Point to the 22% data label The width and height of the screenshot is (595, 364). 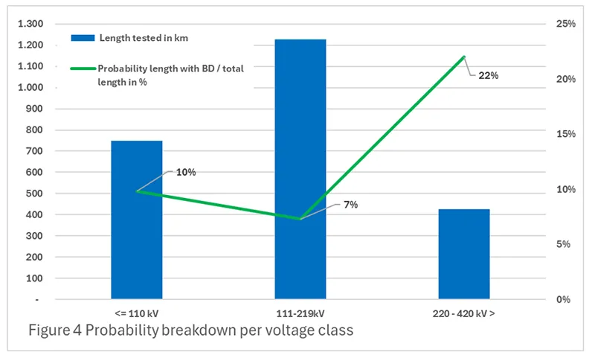coord(487,75)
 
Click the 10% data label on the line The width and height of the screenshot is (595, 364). coord(185,172)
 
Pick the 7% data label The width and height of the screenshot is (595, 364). coord(350,204)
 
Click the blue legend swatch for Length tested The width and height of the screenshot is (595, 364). coord(83,37)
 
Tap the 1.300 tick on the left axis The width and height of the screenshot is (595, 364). coord(30,24)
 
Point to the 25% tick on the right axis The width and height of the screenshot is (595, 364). coord(566,24)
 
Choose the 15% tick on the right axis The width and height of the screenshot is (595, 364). coord(566,134)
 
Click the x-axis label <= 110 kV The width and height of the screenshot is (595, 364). coord(137,313)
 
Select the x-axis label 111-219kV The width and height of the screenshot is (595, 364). coord(300,313)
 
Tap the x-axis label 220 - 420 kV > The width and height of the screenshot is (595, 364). coord(465,313)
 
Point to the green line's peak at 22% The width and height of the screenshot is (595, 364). coord(464,57)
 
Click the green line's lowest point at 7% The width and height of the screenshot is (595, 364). coord(300,219)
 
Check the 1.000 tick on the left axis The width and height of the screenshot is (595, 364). coord(30,87)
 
